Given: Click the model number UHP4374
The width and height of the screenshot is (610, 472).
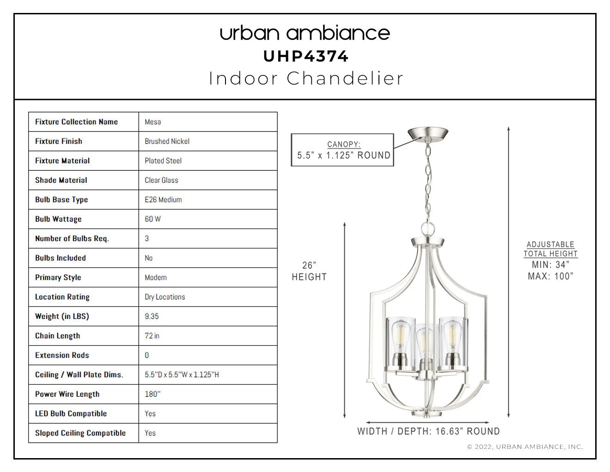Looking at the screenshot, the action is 306,56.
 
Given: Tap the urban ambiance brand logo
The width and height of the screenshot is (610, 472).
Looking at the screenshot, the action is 305,33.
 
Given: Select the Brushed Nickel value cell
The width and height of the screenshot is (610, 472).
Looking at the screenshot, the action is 208,141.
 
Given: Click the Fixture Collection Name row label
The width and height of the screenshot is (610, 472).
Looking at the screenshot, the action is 76,122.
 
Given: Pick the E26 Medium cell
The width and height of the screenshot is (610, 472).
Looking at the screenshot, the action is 208,199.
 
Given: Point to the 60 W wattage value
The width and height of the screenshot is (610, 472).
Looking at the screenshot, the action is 152,219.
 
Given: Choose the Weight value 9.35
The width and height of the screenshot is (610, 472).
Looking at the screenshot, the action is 152,316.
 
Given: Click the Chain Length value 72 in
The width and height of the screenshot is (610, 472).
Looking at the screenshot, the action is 152,335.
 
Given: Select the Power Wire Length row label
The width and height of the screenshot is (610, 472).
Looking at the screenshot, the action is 67,394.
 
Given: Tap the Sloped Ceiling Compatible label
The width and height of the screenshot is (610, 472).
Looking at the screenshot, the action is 80,433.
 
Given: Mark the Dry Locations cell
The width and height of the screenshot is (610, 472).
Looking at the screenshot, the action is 208,297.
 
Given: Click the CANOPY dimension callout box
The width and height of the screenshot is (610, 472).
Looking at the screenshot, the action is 342,150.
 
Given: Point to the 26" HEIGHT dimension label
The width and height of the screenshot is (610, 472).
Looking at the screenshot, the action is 309,271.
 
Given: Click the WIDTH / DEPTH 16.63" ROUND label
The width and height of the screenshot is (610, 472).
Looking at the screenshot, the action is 428,431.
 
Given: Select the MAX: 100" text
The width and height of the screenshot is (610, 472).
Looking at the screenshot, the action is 550,276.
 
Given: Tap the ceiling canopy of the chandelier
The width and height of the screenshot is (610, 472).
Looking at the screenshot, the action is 428,133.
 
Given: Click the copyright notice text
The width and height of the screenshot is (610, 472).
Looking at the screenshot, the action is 525,447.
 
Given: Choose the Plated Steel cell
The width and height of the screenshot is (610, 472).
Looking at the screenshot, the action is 208,161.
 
